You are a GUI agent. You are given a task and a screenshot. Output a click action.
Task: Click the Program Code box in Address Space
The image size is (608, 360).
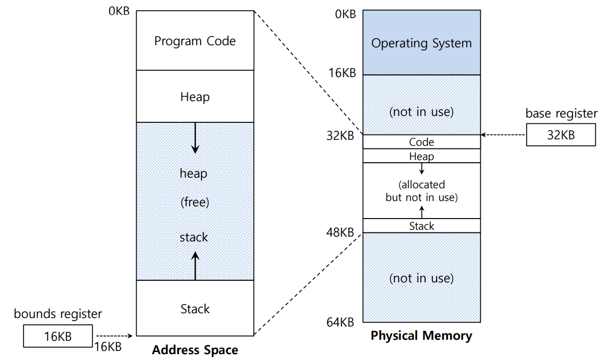click(x=195, y=41)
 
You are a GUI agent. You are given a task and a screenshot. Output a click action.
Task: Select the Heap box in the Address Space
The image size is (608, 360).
click(x=195, y=97)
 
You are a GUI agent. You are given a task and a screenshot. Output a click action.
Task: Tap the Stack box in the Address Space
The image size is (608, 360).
click(x=195, y=309)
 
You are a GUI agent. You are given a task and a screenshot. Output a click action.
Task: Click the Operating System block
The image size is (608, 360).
click(x=421, y=43)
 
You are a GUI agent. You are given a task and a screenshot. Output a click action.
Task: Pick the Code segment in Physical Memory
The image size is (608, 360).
click(x=421, y=142)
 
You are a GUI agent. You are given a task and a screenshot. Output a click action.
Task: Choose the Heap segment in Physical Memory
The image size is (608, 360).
click(x=421, y=156)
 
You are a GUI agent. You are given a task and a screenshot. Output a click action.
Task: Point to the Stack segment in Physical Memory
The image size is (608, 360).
click(x=421, y=226)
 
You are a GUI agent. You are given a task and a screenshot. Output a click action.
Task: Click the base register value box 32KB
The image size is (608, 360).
click(x=561, y=135)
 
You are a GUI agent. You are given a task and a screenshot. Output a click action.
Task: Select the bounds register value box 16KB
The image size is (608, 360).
click(x=58, y=336)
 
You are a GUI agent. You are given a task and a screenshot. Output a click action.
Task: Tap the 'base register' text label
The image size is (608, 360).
click(x=561, y=113)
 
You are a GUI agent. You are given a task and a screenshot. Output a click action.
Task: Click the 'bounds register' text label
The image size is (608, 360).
click(x=58, y=314)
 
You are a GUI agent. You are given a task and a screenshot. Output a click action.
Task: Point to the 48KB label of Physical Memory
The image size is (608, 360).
click(x=341, y=232)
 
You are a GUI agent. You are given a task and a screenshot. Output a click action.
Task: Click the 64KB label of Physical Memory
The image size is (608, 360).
click(x=341, y=322)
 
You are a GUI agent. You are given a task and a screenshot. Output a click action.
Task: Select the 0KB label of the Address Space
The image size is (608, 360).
click(x=119, y=11)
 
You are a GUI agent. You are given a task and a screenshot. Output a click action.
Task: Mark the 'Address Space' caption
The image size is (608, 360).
click(x=195, y=350)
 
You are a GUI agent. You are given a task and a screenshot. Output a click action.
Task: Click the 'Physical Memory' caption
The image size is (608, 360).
click(x=421, y=336)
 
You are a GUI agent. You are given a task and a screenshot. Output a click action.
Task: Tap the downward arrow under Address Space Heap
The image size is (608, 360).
click(x=195, y=138)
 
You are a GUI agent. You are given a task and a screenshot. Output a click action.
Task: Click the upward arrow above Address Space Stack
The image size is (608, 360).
click(x=195, y=265)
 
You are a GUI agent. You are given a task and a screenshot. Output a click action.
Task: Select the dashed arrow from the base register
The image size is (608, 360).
click(x=503, y=135)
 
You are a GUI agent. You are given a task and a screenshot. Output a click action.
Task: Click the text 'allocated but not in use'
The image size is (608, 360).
click(x=421, y=191)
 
